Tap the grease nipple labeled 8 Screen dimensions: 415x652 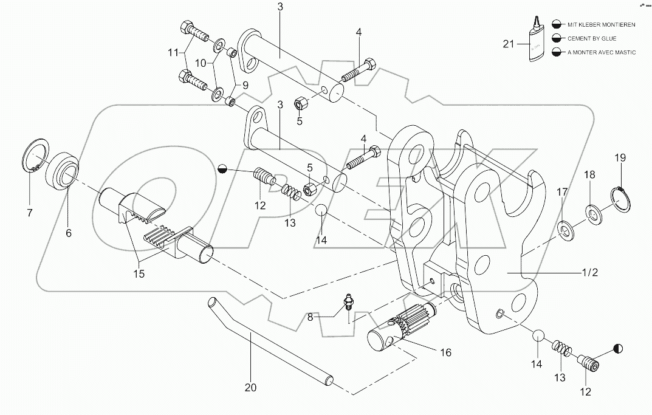349,301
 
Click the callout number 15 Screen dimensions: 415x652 139,273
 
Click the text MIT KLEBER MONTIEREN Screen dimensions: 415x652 601,24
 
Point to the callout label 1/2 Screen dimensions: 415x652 589,272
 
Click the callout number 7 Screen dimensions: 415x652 29,213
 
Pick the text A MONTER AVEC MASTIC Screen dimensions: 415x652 602,52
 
